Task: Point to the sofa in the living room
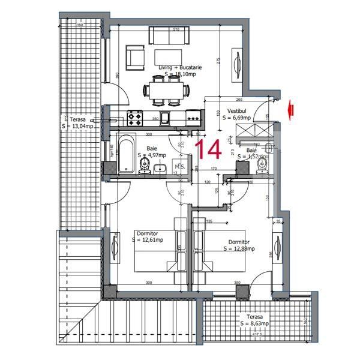coord(169,38)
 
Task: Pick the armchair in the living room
coord(134,58)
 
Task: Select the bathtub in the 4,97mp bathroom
coord(127,155)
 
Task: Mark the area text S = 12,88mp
coord(239,248)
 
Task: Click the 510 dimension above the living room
coord(175,28)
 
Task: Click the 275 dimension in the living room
coord(218,61)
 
